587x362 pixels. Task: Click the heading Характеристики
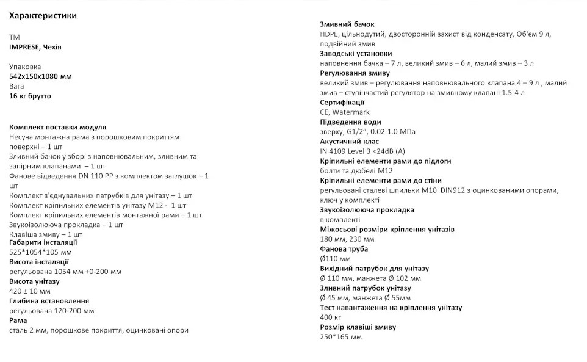point(43,15)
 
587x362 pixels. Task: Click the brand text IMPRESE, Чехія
point(35,47)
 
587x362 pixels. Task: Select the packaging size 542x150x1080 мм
point(40,76)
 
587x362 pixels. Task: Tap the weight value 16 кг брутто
point(31,96)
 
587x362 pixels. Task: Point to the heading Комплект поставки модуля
point(58,127)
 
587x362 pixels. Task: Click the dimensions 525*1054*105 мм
point(40,252)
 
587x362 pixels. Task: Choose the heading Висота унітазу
point(34,281)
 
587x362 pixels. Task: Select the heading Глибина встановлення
point(49,301)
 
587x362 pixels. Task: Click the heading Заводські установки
point(356,53)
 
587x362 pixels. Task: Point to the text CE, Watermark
point(345,112)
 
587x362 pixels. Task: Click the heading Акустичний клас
point(350,141)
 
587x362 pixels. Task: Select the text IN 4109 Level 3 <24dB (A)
point(362,151)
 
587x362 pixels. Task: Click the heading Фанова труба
point(344,248)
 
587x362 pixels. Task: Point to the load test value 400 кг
point(330,317)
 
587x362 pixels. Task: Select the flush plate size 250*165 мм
point(340,336)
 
